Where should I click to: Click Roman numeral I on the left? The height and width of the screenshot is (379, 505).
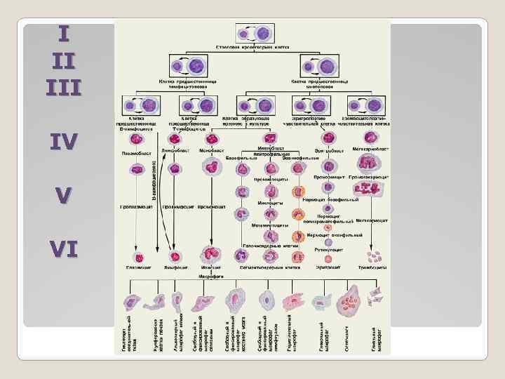tap(64, 33)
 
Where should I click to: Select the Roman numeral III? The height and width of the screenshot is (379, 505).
tap(64, 86)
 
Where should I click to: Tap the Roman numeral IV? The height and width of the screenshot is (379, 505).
tap(64, 142)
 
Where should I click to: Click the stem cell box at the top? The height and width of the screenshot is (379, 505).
tap(252, 33)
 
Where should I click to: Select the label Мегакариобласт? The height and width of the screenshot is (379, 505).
tap(370, 149)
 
